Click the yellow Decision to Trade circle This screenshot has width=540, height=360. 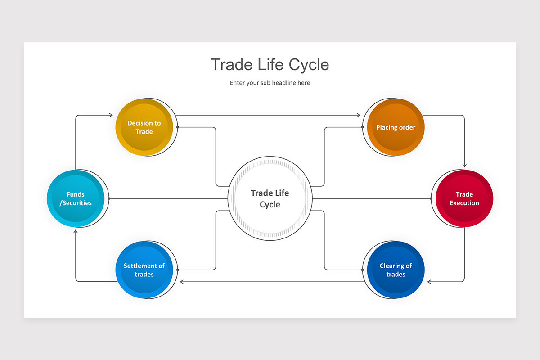[x=144, y=127]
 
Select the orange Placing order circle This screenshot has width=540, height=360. [x=396, y=127]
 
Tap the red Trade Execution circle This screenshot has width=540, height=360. [x=464, y=198]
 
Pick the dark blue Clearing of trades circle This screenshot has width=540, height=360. [x=396, y=270]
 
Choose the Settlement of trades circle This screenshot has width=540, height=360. [x=144, y=270]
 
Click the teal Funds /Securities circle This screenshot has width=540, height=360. [x=76, y=198]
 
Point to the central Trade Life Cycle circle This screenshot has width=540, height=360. [x=270, y=198]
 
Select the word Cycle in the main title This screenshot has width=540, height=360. [x=309, y=65]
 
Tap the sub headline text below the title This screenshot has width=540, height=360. [x=270, y=83]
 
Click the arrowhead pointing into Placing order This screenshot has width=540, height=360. [x=359, y=115]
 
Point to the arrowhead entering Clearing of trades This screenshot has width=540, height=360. [x=429, y=282]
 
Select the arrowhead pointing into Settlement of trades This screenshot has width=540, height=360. [x=182, y=282]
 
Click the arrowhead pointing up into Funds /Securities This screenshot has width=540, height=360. [x=76, y=231]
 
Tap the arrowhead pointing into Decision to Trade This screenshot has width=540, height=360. [x=111, y=115]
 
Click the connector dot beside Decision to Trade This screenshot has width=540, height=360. [x=178, y=127]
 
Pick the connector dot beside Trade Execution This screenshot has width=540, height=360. [x=431, y=198]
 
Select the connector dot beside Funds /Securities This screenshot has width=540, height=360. [x=108, y=198]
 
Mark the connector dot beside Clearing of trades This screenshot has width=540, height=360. [x=362, y=270]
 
